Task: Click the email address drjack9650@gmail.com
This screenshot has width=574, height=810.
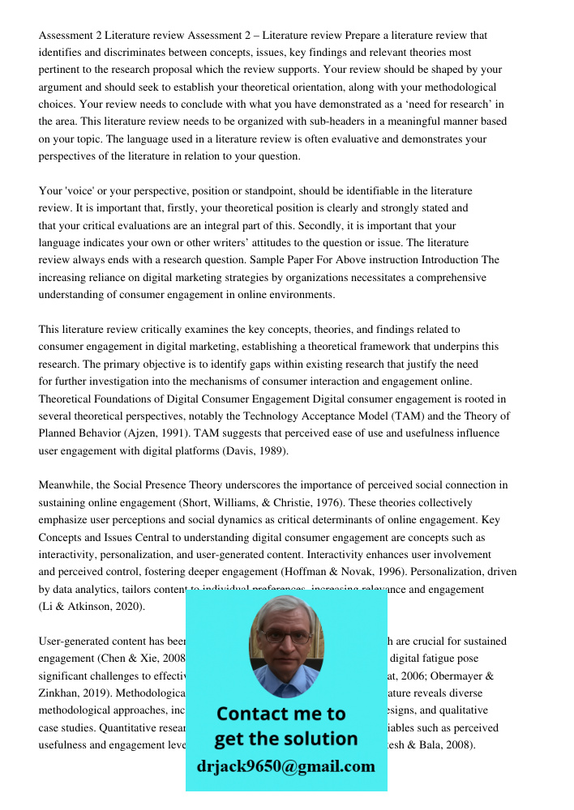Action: (x=285, y=766)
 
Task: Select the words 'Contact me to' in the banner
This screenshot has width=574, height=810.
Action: (x=281, y=714)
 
